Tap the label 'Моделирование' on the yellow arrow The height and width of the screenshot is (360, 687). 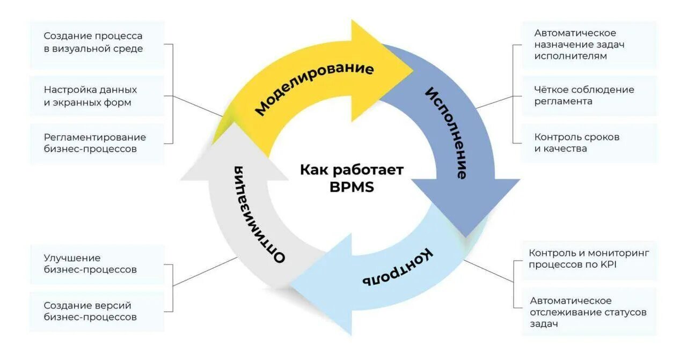[x=314, y=89]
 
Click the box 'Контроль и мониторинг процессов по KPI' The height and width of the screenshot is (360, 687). [x=589, y=259]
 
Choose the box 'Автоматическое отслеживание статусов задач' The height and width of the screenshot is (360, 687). [x=589, y=312]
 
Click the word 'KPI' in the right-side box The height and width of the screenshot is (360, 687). [x=608, y=265]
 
